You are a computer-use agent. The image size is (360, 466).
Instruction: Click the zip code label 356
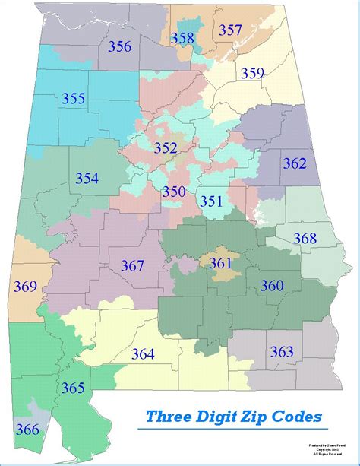(119, 46)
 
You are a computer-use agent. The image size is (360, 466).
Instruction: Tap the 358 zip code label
(182, 38)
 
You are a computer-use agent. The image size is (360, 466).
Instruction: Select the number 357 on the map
(230, 30)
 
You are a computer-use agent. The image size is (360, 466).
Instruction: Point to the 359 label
(253, 74)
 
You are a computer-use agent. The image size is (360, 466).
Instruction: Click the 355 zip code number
(74, 99)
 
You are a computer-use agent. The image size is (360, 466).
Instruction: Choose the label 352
(166, 148)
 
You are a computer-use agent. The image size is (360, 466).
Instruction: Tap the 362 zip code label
(295, 163)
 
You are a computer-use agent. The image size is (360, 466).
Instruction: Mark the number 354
(87, 179)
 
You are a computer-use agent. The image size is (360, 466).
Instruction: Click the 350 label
(173, 192)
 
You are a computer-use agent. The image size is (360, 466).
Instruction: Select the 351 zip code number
(210, 201)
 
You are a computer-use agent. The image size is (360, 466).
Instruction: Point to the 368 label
(305, 239)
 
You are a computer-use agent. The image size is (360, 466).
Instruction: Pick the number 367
(132, 266)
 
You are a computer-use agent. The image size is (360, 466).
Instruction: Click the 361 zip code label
(220, 263)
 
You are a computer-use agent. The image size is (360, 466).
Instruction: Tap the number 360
(272, 286)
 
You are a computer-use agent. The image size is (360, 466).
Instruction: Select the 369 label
(25, 287)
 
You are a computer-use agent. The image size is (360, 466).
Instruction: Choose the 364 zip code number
(143, 354)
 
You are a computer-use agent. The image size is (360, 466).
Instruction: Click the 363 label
(282, 352)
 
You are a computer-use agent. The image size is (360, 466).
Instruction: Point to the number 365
(73, 388)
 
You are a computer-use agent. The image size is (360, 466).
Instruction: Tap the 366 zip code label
(27, 430)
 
